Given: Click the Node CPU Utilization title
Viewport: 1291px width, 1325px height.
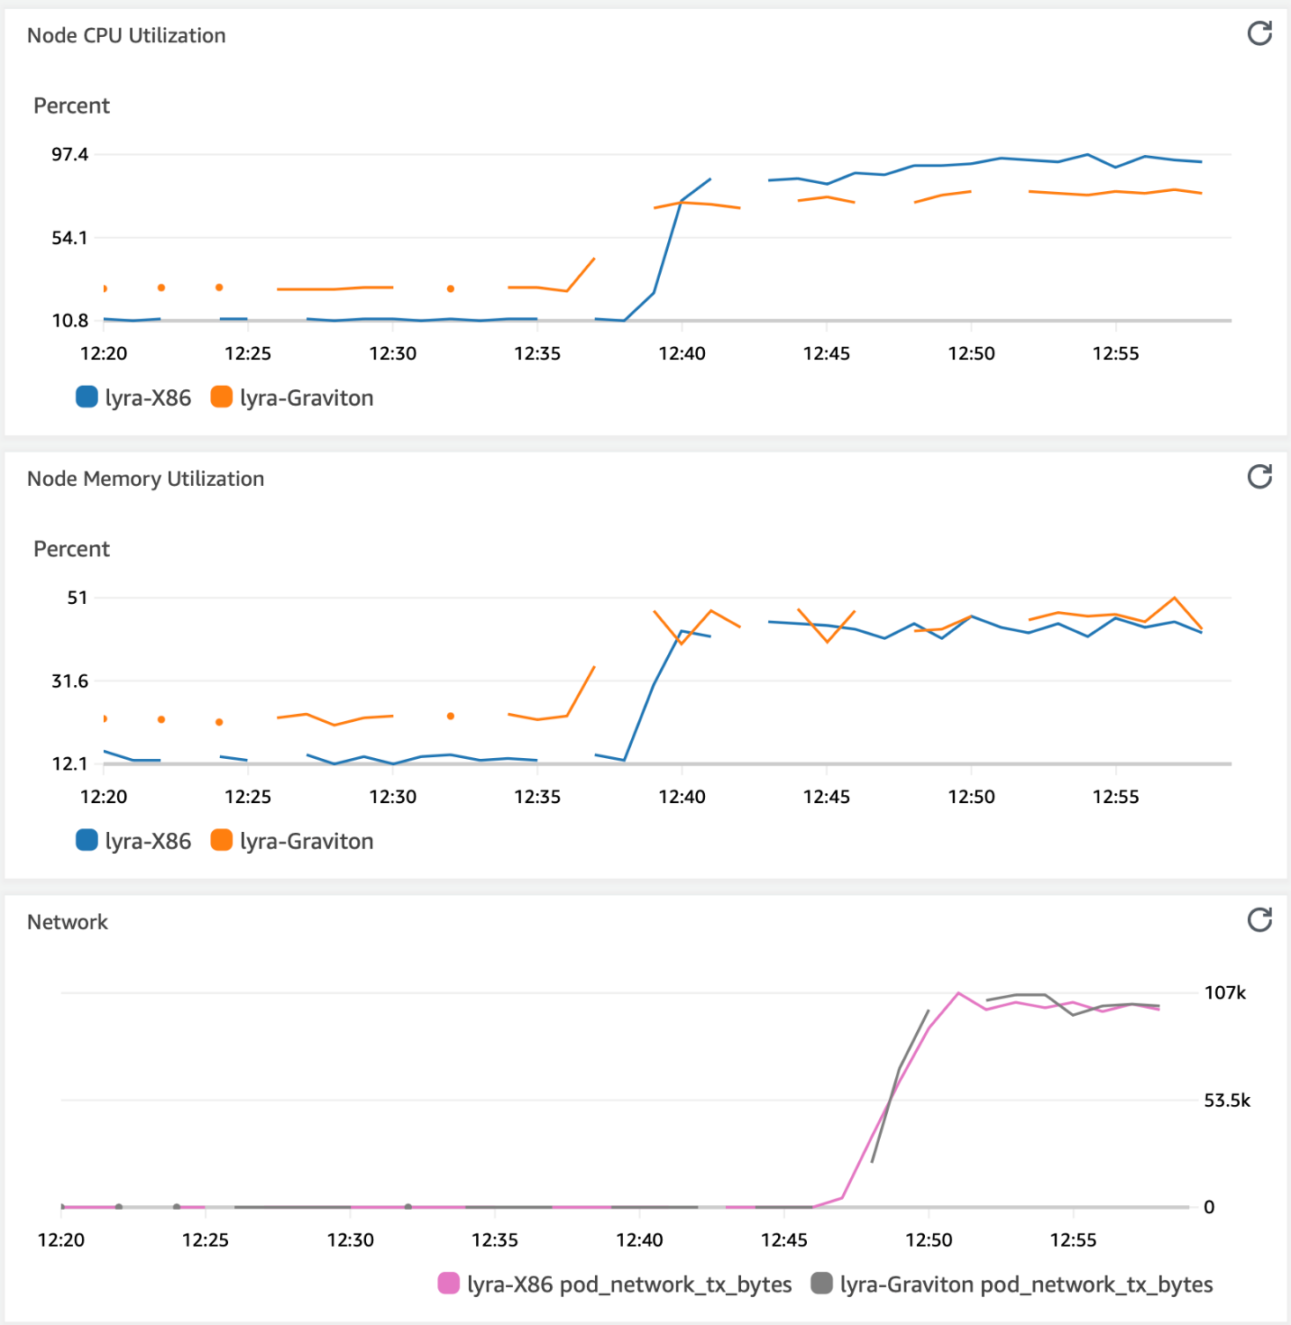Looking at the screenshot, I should (126, 35).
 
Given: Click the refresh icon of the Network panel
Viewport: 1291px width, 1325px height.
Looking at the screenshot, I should (1259, 919).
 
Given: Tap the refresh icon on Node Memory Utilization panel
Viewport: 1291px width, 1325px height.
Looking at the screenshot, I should (1259, 476).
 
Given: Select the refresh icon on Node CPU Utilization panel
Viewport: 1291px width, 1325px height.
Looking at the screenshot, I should (1259, 33).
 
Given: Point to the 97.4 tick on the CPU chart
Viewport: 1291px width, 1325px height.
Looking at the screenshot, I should (69, 154).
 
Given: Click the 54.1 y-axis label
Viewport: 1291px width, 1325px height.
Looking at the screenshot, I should (69, 238).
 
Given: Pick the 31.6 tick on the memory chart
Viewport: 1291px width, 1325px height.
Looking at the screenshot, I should (69, 681).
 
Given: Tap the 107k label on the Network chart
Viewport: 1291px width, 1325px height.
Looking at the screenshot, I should (1225, 992).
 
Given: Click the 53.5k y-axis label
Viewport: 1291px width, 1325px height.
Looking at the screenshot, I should (1227, 1100).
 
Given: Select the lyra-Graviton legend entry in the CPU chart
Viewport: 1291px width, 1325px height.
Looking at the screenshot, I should (292, 397).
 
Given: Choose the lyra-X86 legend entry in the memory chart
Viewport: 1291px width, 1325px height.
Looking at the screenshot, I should (134, 841).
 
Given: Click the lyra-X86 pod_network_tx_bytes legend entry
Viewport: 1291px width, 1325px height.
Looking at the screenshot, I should (615, 1284).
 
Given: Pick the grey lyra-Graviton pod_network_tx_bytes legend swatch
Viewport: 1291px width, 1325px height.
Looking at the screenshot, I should (821, 1283).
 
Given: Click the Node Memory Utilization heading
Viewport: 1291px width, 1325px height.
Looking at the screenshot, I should (145, 479).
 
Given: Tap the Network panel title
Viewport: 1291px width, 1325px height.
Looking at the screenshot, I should (68, 922).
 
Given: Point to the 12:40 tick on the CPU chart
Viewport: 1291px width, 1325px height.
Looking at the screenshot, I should (682, 353).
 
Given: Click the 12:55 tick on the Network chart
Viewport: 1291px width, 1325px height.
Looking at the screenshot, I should (1073, 1239).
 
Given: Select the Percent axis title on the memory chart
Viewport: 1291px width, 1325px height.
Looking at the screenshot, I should (71, 549).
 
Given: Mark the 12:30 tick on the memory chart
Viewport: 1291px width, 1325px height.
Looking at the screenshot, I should (392, 797).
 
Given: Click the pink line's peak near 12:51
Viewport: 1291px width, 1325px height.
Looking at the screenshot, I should (958, 993).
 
